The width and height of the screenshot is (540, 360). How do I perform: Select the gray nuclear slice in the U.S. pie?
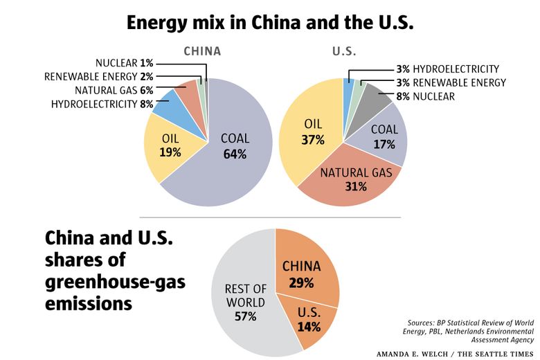(x=377, y=97)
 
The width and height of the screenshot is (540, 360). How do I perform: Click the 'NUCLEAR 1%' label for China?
(x=124, y=63)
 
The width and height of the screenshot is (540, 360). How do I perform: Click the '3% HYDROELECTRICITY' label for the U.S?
(x=448, y=69)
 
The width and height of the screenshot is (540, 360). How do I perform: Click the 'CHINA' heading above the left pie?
(x=201, y=51)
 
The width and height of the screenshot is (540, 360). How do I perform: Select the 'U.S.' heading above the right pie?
(x=343, y=51)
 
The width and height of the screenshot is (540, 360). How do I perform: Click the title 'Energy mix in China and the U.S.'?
(x=269, y=22)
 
